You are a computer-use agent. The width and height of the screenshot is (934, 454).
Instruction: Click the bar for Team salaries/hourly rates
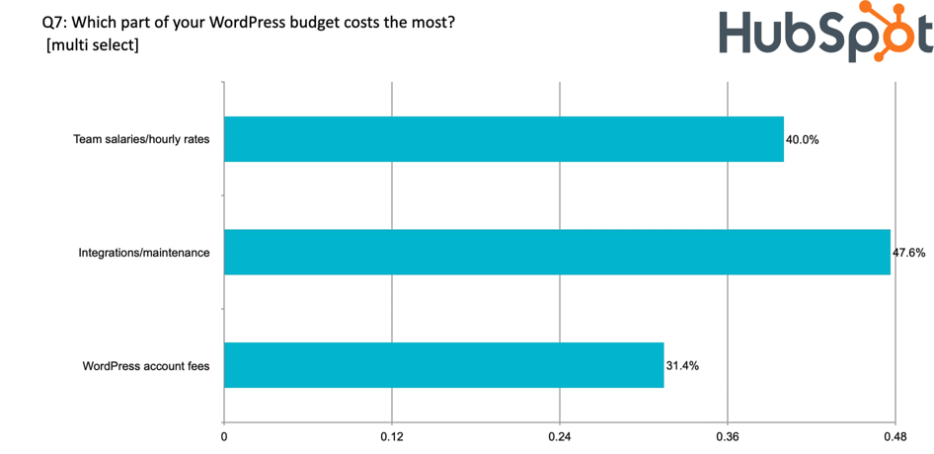click(504, 139)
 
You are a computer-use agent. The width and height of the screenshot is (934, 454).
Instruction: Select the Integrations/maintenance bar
click(557, 252)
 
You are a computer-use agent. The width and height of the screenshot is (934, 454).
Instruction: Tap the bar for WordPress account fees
click(443, 365)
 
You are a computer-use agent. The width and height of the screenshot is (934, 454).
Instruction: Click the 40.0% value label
click(802, 140)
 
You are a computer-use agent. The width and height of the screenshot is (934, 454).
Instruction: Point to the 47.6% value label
click(909, 253)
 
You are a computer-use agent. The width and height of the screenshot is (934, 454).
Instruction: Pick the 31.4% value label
click(682, 366)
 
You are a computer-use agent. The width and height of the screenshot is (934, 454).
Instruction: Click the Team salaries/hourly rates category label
click(142, 140)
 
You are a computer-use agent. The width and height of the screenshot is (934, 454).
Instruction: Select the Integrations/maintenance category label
click(144, 253)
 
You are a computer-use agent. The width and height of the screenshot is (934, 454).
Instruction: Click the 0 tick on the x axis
click(224, 435)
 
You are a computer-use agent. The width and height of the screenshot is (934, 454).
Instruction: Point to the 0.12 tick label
click(392, 435)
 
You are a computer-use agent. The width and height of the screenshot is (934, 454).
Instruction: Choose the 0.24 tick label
click(560, 435)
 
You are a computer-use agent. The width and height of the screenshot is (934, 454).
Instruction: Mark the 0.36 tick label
click(728, 435)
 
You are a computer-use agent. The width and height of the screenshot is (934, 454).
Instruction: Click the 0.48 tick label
click(895, 435)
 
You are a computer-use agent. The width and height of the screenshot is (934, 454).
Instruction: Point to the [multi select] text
click(93, 45)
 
